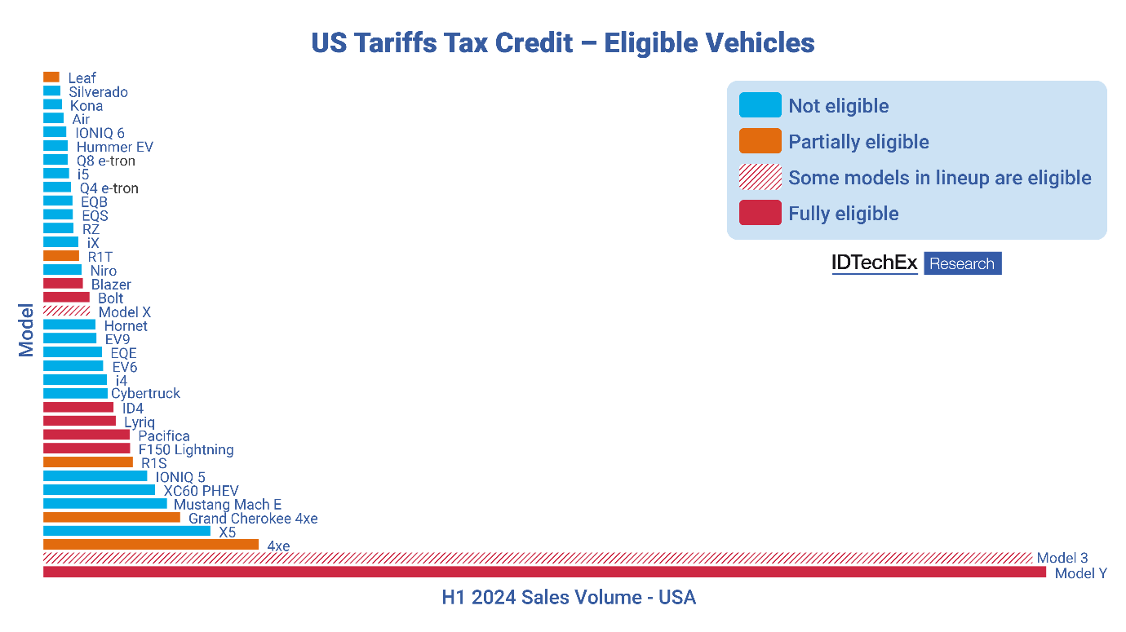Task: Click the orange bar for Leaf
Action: [x=51, y=77]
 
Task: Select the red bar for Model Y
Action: [x=544, y=572]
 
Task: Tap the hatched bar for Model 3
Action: [x=538, y=558]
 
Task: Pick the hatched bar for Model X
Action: [x=66, y=311]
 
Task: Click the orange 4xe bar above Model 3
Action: [x=151, y=544]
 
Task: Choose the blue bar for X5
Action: [x=126, y=531]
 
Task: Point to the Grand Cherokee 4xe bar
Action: [x=112, y=517]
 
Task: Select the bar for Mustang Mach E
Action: [x=105, y=503]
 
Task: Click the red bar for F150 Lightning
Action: [x=86, y=449]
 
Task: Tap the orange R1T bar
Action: [x=61, y=255]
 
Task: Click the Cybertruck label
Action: [x=146, y=394]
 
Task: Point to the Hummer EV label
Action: [x=115, y=148]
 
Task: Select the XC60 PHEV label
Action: [x=201, y=491]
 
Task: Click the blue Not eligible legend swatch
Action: [x=760, y=105]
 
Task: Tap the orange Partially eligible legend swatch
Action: [x=760, y=141]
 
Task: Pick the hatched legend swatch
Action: [x=760, y=177]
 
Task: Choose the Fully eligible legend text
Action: [x=844, y=214]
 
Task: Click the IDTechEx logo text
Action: [x=875, y=263]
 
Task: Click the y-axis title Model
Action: [x=27, y=330]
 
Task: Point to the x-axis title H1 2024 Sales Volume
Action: [x=569, y=598]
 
